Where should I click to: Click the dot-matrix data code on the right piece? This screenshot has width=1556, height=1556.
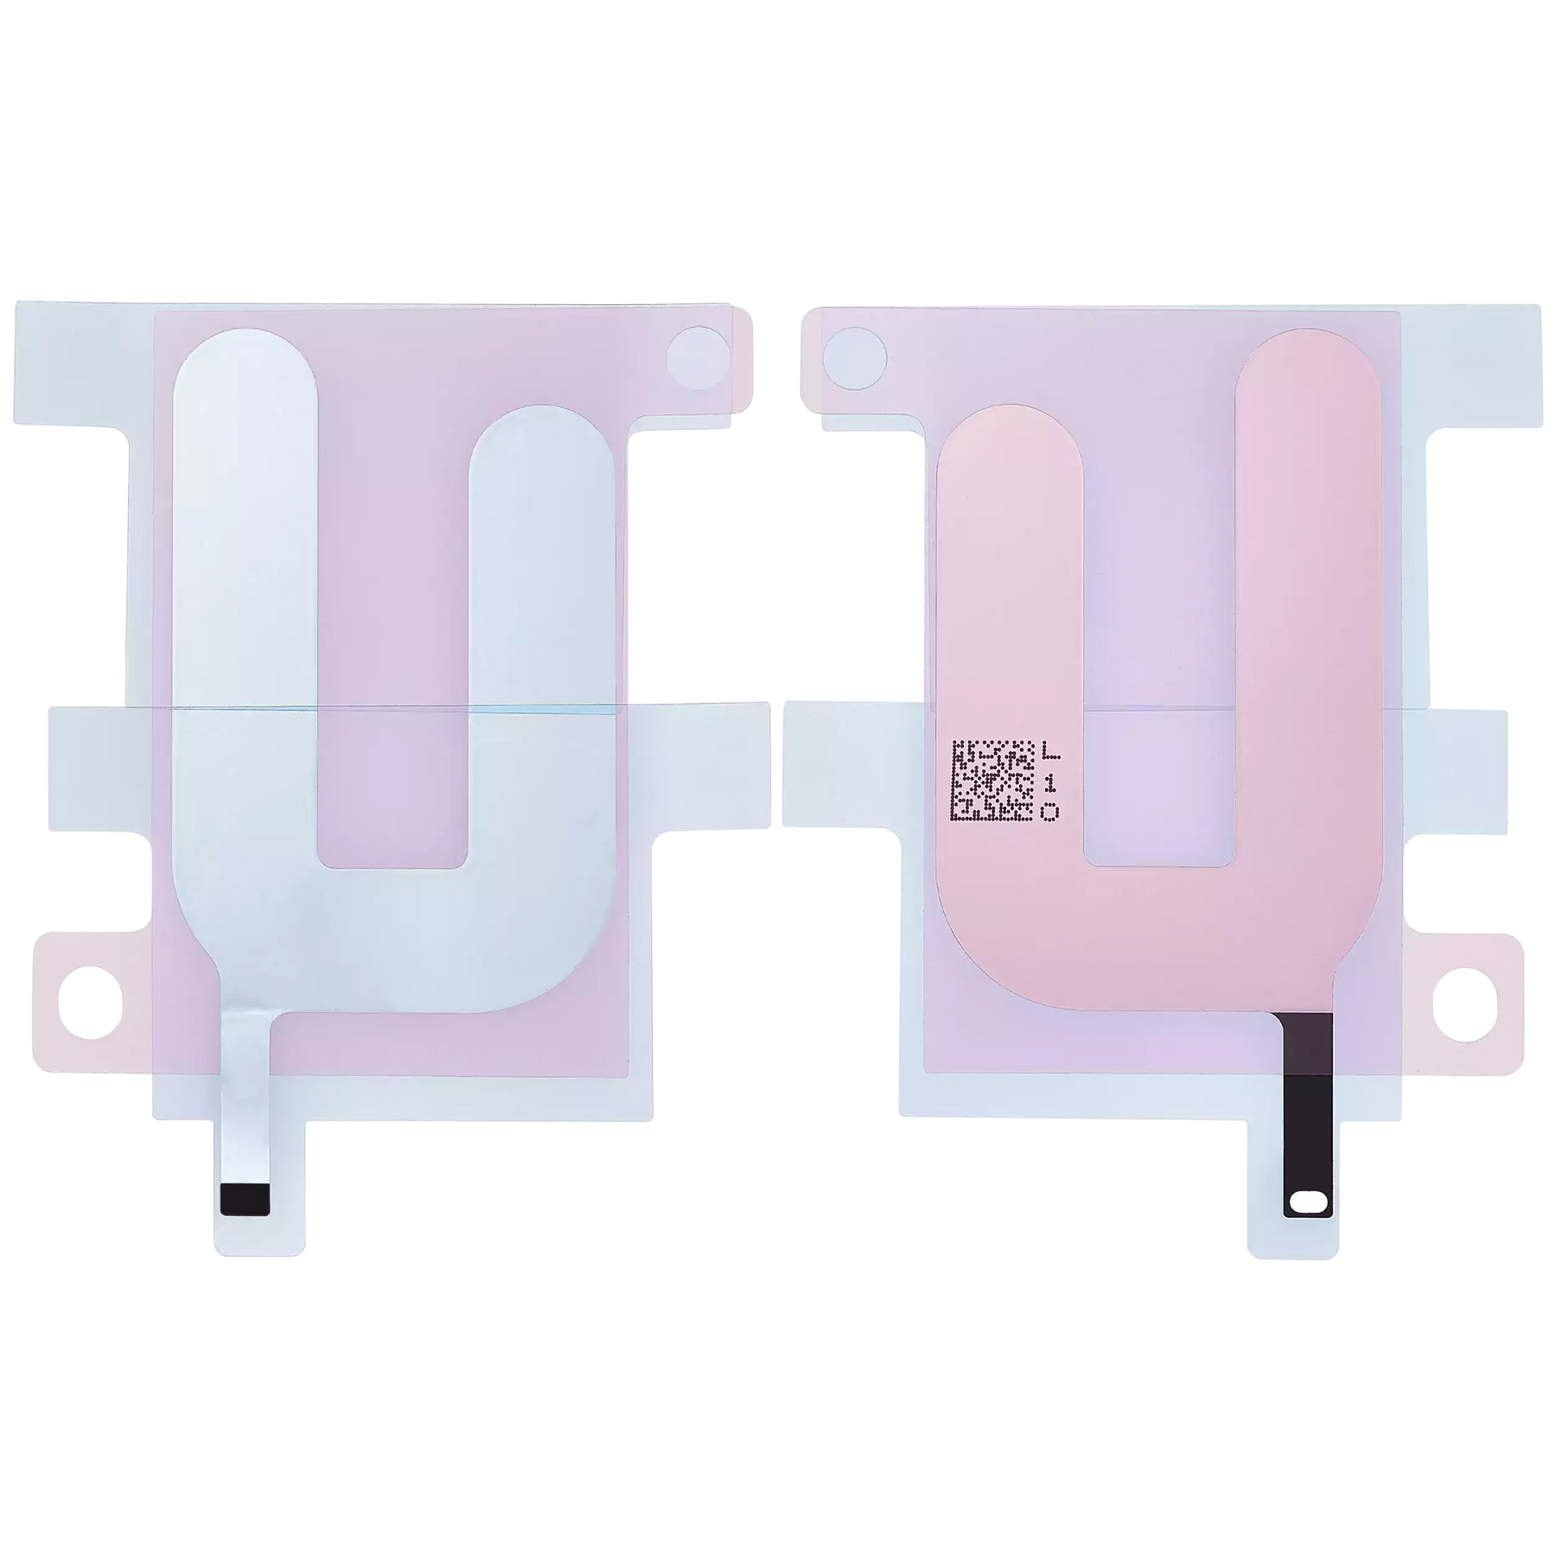coord(993,781)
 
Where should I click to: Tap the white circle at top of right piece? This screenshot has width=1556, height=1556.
coord(854,354)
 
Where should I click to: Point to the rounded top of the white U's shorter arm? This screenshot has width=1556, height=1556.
coord(543,450)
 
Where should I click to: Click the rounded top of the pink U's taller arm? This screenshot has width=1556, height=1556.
coord(1308,380)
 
